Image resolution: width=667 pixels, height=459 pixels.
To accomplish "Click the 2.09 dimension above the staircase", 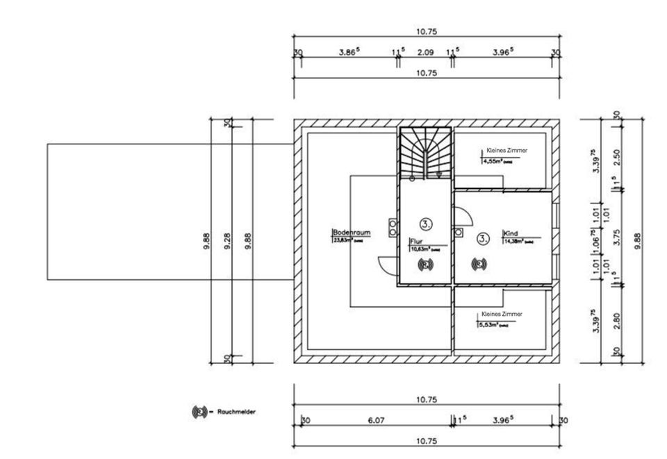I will click(x=425, y=52).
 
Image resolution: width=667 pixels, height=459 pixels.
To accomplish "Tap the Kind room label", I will click(x=511, y=234).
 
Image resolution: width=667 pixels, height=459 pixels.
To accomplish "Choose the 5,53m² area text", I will click(x=491, y=323).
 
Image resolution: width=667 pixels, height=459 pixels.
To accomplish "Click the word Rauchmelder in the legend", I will click(x=236, y=412).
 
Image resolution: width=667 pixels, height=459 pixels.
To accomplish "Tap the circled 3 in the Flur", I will click(x=425, y=224).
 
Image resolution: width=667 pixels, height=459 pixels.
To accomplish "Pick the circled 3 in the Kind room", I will click(x=483, y=238).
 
